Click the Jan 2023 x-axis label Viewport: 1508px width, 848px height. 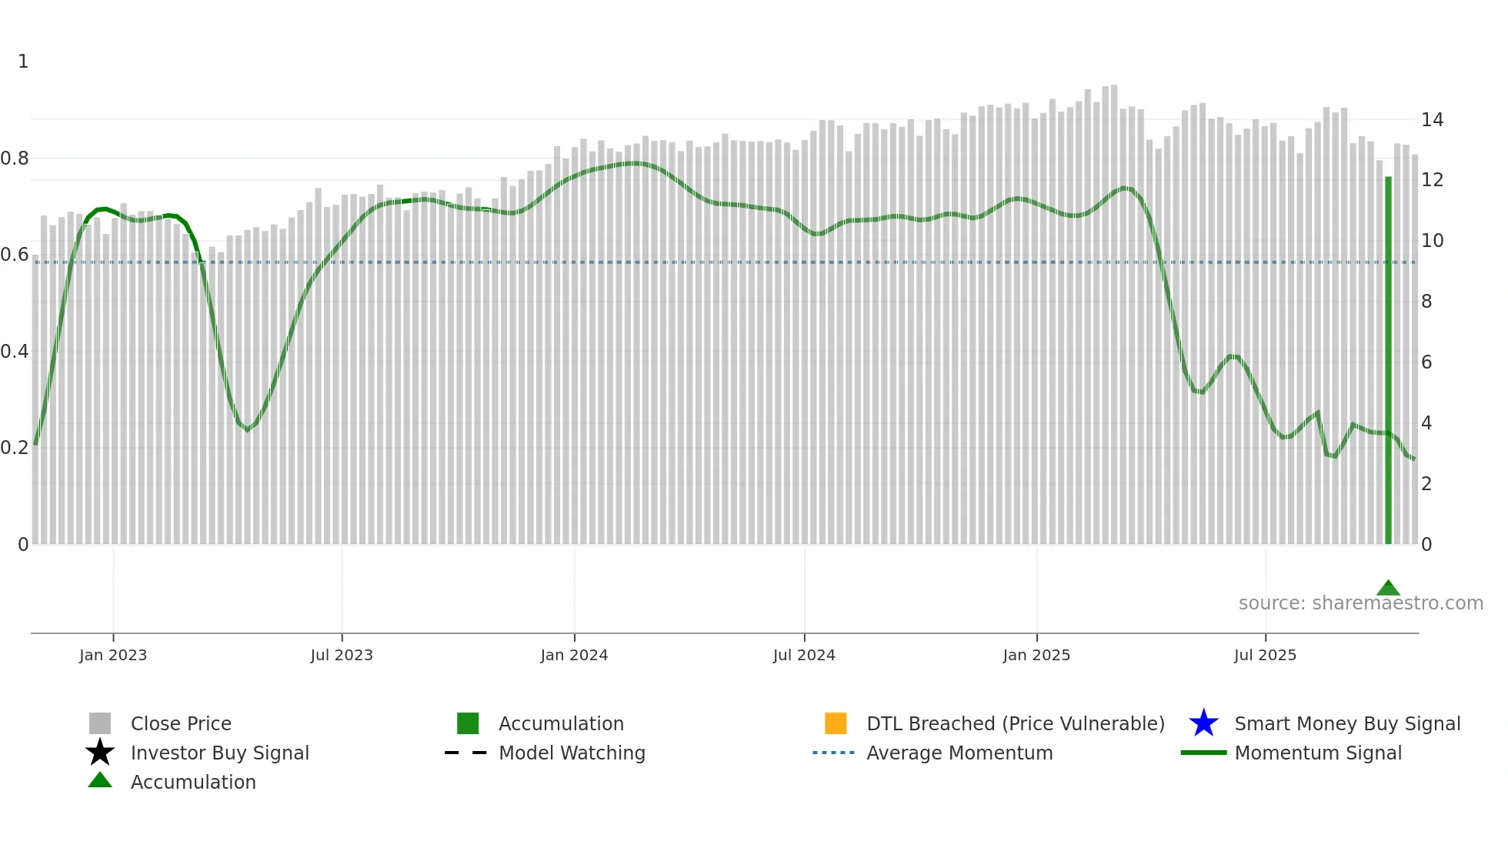point(113,655)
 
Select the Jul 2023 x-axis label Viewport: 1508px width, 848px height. point(342,655)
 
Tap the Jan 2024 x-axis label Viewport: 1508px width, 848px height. point(574,655)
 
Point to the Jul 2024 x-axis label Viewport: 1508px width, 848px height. point(804,655)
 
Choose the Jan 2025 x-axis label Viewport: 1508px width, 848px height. point(1036,655)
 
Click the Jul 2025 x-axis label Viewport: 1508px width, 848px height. point(1265,655)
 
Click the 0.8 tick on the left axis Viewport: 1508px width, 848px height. point(15,159)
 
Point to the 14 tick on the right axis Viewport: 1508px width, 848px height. point(1432,120)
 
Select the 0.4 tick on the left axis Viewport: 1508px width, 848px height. point(15,352)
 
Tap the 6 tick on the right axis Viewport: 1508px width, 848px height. point(1426,362)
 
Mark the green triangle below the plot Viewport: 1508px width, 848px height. point(1388,588)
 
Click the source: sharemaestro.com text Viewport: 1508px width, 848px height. point(1360,603)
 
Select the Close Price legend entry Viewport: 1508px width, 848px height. point(181,723)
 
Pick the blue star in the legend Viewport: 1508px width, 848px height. point(1203,723)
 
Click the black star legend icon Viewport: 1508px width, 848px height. point(100,753)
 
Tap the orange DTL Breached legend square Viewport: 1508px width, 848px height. point(836,723)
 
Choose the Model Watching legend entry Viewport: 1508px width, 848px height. point(572,753)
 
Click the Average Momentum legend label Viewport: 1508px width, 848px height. point(959,753)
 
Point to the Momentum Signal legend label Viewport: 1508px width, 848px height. point(1318,753)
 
